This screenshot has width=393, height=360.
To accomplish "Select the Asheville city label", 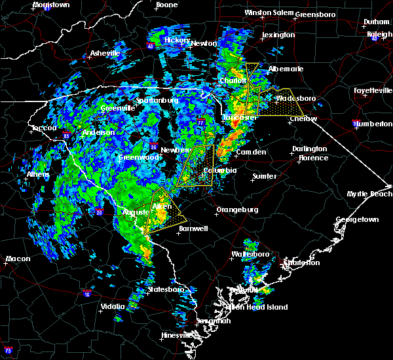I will click(105, 53).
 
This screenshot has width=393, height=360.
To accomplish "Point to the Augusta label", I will click(136, 212).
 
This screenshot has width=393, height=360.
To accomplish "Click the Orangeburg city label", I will click(237, 209).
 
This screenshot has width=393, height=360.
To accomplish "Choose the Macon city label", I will click(18, 259).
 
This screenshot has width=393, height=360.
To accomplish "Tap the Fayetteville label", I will click(371, 90).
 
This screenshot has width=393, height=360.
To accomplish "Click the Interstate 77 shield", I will click(200, 122).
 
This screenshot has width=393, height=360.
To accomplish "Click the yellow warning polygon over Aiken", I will click(160, 211).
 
